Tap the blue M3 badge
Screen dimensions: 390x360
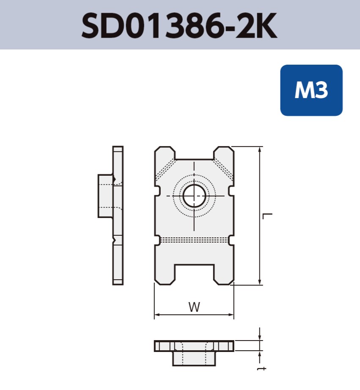311,90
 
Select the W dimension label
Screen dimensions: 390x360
194,307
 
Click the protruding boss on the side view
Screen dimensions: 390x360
105,196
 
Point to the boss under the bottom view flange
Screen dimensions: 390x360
194,358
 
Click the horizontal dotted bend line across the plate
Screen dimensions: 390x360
194,240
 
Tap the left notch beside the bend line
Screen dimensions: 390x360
157,240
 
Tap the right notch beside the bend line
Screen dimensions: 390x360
231,240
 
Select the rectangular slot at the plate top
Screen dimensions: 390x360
194,153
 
